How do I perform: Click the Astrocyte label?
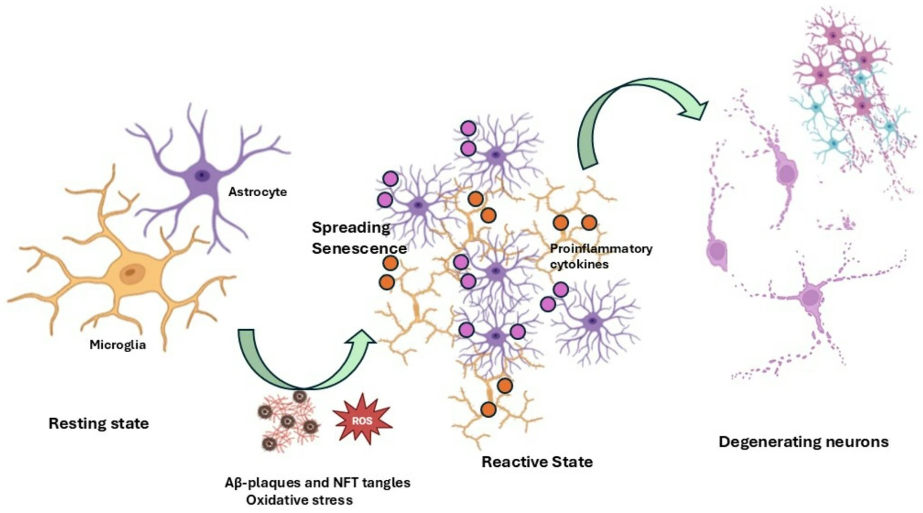click(257, 192)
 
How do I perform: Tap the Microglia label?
click(118, 345)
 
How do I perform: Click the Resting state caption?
click(98, 423)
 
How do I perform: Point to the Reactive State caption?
click(537, 461)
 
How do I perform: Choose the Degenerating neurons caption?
click(803, 442)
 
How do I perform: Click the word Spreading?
click(351, 227)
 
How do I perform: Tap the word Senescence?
click(359, 248)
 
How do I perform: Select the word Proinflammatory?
click(601, 248)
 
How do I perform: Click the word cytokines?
click(579, 264)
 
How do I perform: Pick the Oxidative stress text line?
click(299, 500)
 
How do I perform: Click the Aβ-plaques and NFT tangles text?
click(317, 482)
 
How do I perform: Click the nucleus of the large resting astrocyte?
click(202, 175)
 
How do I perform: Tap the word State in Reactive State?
click(572, 461)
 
